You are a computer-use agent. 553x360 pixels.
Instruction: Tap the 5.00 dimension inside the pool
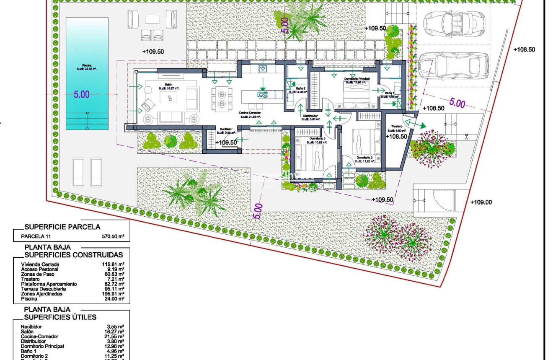(82, 95)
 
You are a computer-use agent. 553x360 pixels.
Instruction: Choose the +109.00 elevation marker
(481, 202)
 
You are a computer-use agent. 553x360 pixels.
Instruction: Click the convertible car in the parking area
(453, 21)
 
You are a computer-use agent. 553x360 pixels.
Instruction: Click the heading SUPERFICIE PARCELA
(62, 227)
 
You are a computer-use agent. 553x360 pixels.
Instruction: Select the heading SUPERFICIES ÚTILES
(60, 317)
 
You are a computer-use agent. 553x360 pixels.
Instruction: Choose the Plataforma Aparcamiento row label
(49, 284)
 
